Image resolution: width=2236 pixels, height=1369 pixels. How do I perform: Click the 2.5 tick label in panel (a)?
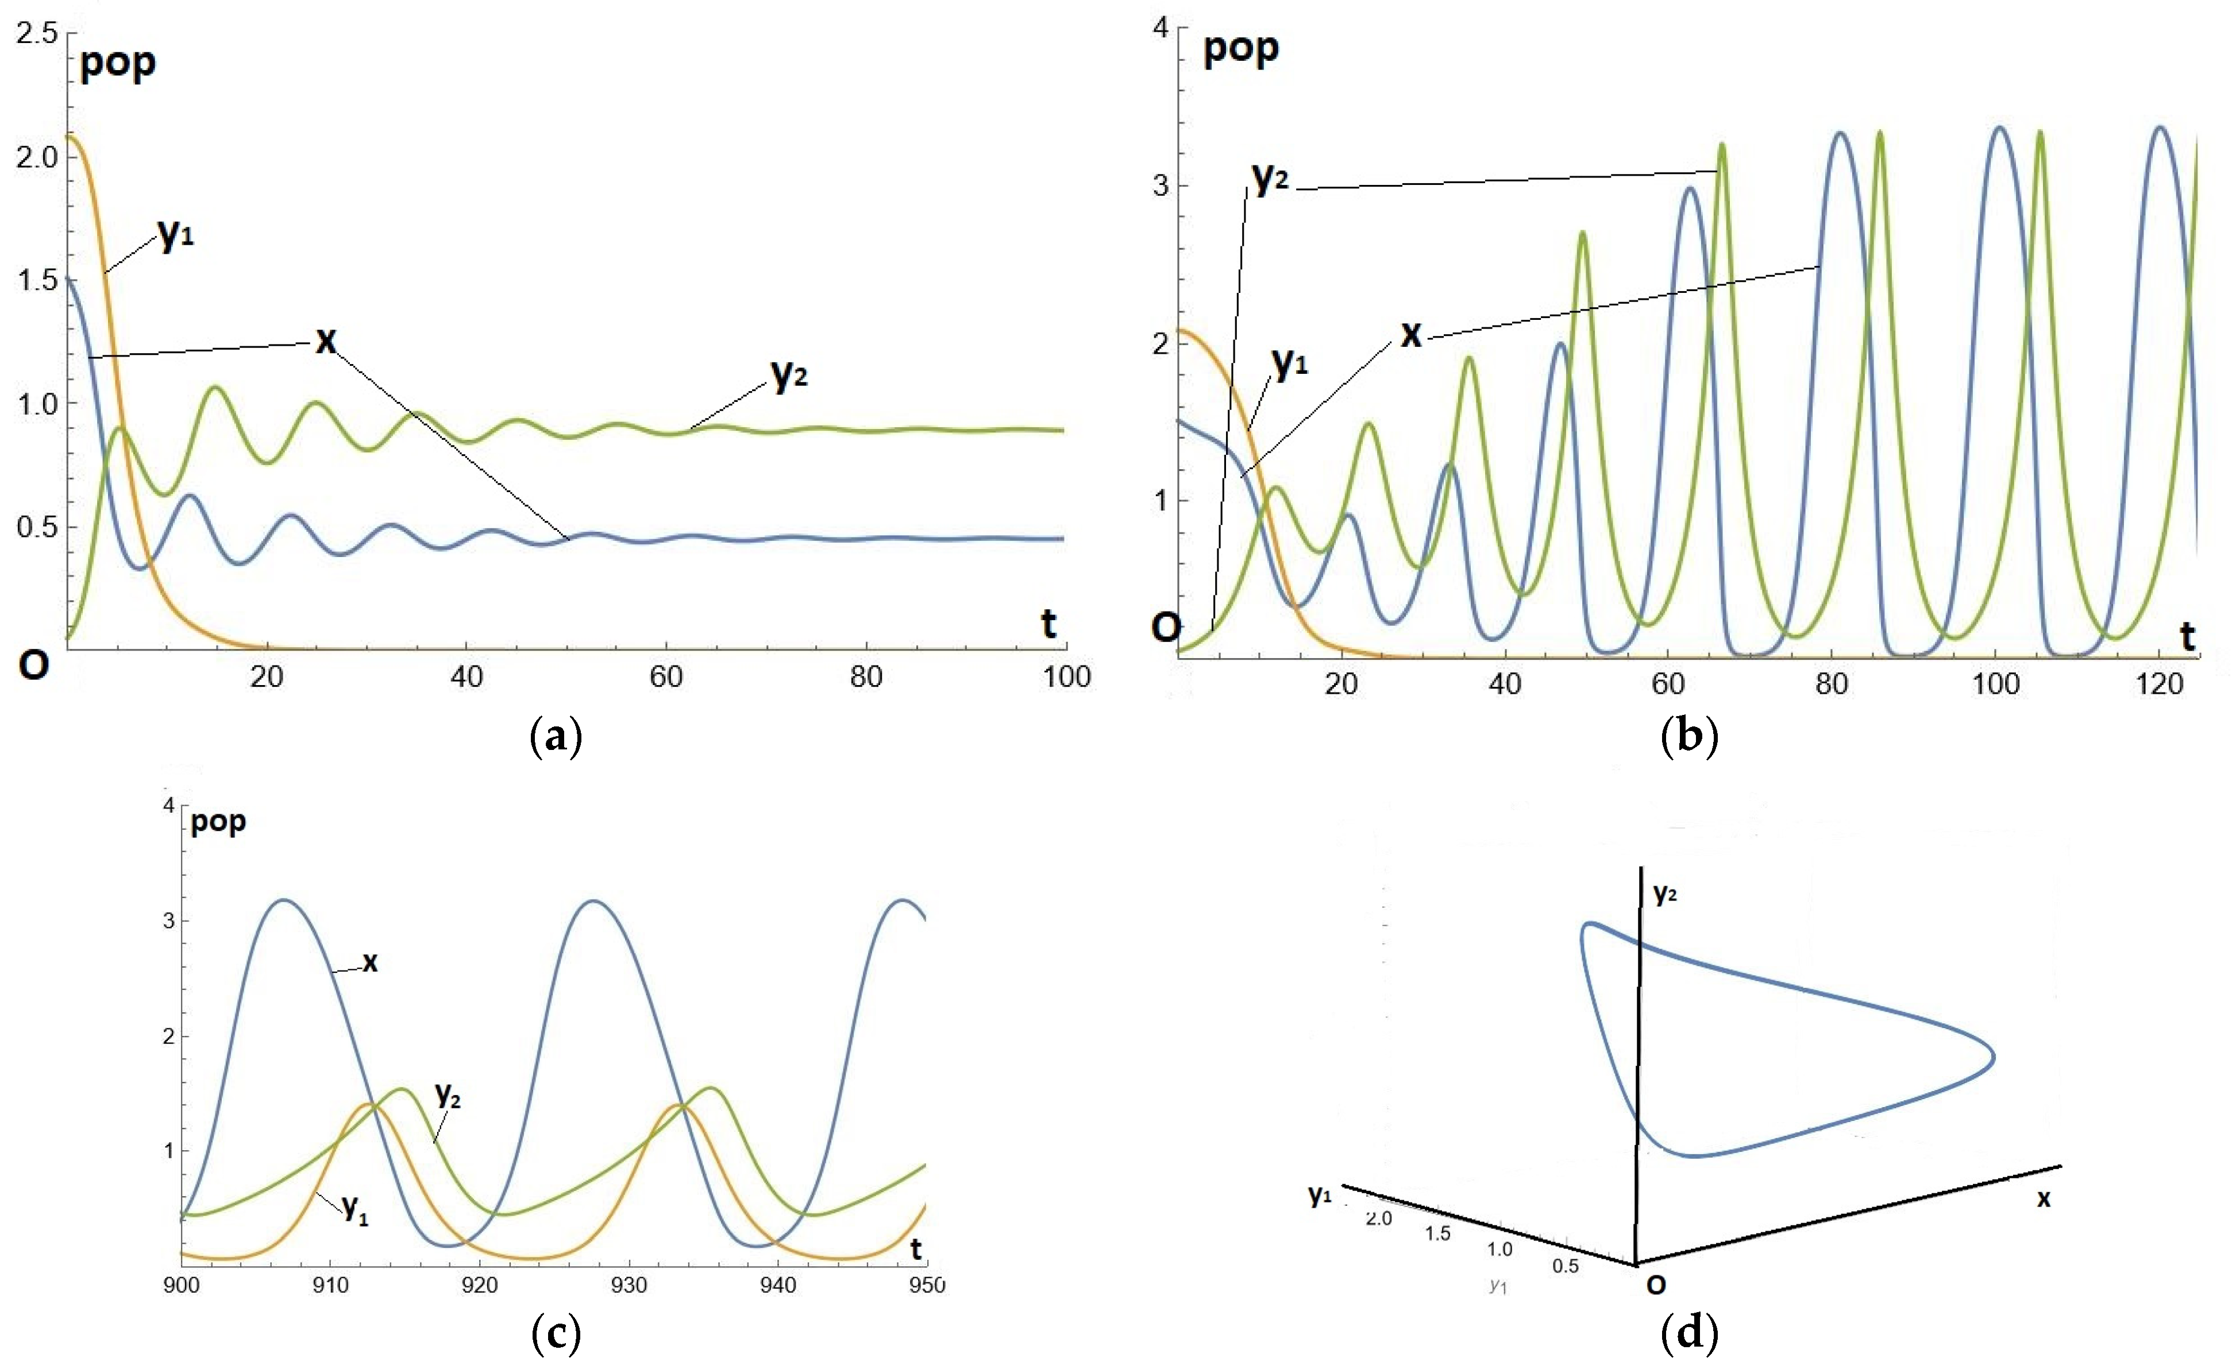click(36, 33)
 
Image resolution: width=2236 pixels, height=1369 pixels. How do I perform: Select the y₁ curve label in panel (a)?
click(176, 235)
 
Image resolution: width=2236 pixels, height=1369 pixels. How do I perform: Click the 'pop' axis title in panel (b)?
click(1240, 48)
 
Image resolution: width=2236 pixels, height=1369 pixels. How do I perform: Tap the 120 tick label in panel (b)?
click(2159, 683)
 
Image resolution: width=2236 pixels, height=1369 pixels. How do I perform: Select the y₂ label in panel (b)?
click(1270, 178)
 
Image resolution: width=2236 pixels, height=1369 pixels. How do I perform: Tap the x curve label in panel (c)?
click(369, 962)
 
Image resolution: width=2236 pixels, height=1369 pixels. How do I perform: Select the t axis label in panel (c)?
click(916, 1250)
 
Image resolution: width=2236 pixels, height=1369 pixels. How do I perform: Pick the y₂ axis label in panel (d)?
click(1665, 894)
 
